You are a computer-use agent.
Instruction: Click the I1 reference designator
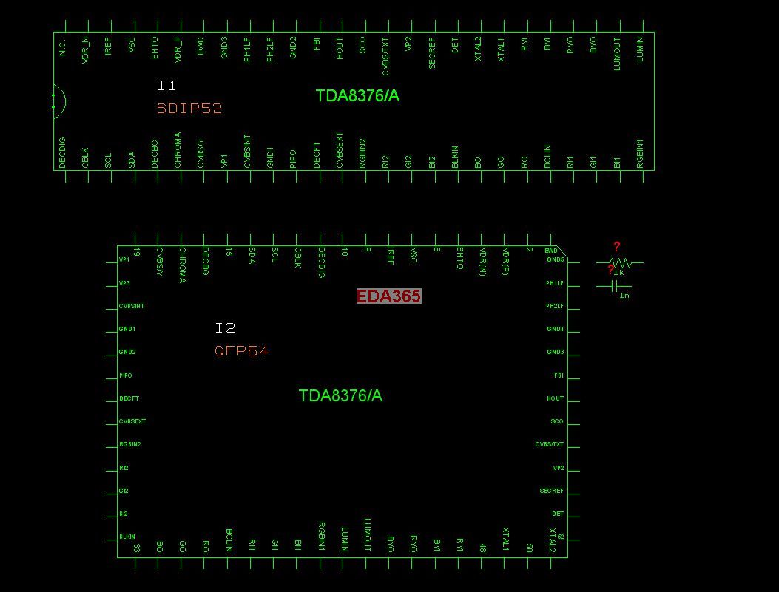tap(166, 86)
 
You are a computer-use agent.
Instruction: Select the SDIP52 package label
tap(189, 109)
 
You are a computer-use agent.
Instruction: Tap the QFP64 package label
tap(241, 351)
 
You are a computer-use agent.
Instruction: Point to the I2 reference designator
tap(225, 328)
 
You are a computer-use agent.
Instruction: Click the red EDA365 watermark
tap(388, 296)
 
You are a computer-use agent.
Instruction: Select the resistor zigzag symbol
tap(620, 262)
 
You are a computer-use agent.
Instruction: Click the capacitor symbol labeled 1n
tap(614, 286)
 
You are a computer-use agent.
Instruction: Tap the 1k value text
tap(618, 273)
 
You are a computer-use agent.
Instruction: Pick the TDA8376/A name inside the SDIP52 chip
tap(357, 96)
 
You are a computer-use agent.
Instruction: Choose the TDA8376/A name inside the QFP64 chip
tap(340, 396)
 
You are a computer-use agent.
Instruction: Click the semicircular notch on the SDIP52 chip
tap(58, 101)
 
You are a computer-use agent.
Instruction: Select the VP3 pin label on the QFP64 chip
tap(124, 283)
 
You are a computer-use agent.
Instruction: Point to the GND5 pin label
tap(555, 260)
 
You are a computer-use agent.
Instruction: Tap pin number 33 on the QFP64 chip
tap(136, 548)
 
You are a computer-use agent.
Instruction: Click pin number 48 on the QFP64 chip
tap(482, 548)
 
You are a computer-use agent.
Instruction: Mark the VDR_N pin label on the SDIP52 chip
tap(85, 50)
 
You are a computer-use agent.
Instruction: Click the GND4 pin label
tap(555, 329)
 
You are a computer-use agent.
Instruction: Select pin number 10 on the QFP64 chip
tap(344, 252)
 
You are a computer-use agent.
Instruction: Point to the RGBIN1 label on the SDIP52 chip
tap(640, 153)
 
